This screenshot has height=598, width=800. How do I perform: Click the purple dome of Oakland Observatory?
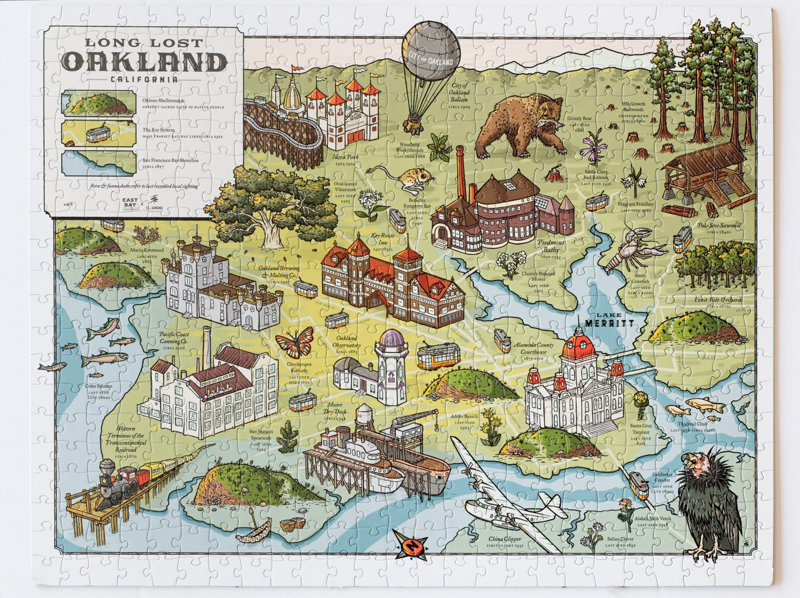click(394, 338)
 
